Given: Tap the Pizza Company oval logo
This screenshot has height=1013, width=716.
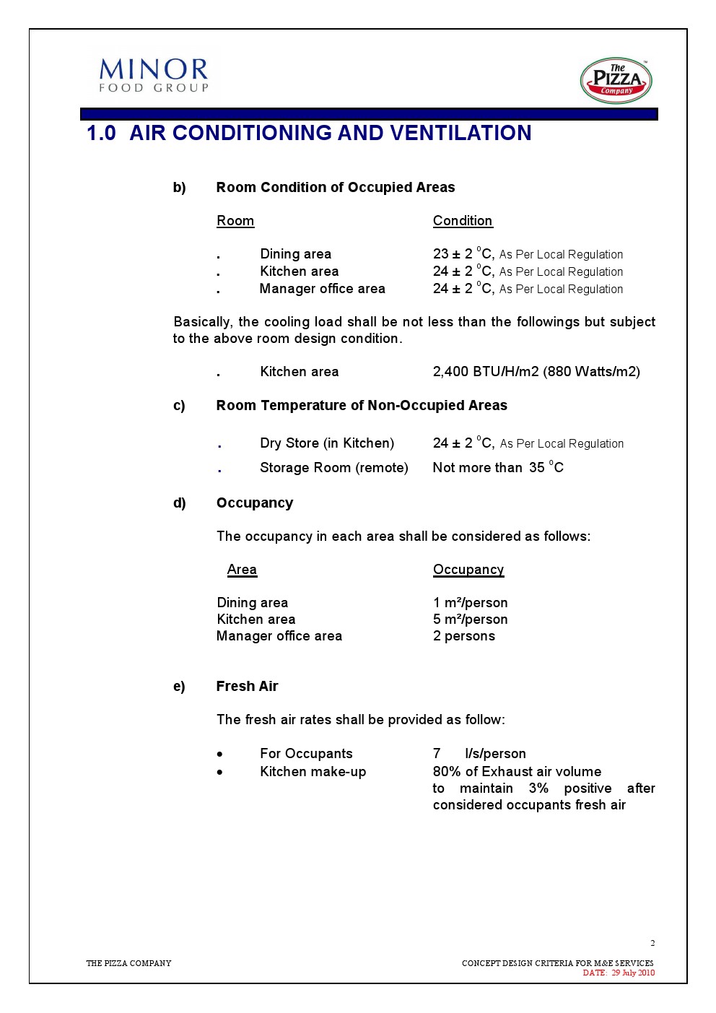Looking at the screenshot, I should [616, 80].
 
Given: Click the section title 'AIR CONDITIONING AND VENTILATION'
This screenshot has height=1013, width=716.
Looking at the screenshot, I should [330, 133].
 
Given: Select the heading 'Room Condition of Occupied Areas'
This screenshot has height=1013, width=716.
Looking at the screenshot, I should [335, 188].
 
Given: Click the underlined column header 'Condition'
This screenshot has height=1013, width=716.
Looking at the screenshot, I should [462, 221].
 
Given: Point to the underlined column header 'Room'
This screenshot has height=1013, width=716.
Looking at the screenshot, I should [235, 221].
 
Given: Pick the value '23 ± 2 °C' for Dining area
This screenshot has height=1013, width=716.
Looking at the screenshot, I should [463, 254].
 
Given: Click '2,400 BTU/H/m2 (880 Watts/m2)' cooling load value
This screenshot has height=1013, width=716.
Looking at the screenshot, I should [536, 372].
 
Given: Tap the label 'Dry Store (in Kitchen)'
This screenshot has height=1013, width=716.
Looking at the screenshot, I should [327, 443].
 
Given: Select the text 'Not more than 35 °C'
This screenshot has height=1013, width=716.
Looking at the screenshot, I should [497, 468].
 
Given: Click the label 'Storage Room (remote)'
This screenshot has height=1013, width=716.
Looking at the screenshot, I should [333, 468].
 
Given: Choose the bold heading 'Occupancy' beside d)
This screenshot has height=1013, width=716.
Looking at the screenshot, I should [255, 503].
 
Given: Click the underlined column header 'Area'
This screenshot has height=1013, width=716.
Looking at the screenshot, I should [242, 570].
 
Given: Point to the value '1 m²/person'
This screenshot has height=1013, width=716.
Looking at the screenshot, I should [470, 603].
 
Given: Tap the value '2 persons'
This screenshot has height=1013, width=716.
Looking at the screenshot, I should [463, 636].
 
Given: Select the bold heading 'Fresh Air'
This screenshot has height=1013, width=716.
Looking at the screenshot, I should [247, 687].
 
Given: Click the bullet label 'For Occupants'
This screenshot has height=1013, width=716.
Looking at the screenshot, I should [306, 754].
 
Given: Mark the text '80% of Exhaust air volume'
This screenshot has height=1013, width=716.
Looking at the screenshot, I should [517, 772].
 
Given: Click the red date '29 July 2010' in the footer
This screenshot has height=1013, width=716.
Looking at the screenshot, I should [633, 973].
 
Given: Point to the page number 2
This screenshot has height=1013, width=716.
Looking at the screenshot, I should [652, 943].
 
